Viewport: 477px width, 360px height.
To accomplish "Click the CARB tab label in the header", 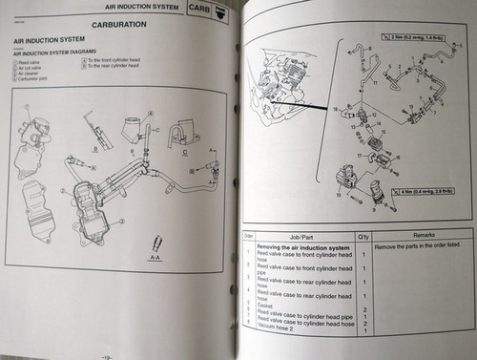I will click(198, 8).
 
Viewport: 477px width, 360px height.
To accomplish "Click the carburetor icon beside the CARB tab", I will click(223, 9).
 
